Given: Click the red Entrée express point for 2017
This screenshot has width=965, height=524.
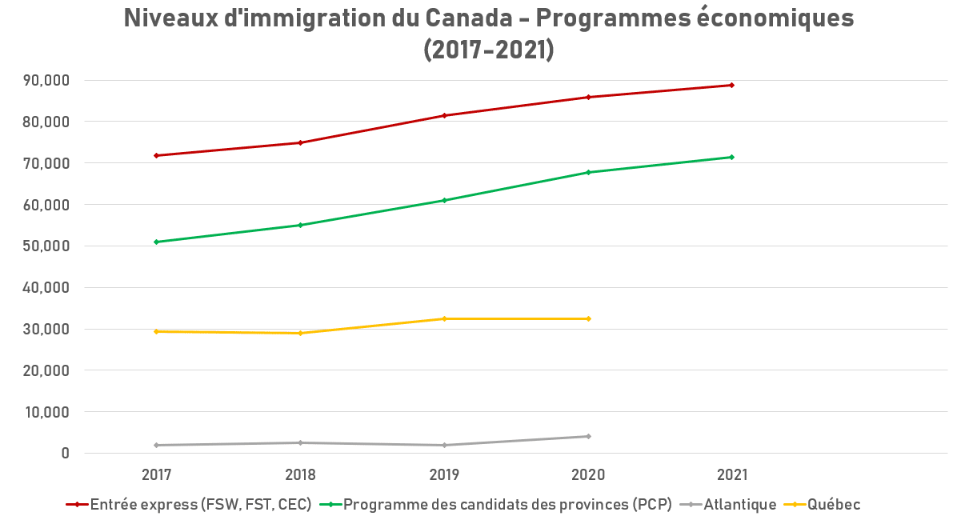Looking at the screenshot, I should pyautogui.click(x=157, y=155).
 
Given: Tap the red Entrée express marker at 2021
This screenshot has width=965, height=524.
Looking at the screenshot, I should pyautogui.click(x=732, y=85).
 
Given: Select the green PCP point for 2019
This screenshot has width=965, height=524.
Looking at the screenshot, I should pyautogui.click(x=444, y=200).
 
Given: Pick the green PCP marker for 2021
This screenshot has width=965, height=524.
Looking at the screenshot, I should pyautogui.click(x=732, y=157).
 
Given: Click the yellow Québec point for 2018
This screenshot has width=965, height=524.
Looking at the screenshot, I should pyautogui.click(x=300, y=333).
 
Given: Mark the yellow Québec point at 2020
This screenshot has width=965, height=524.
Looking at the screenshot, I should pyautogui.click(x=588, y=318).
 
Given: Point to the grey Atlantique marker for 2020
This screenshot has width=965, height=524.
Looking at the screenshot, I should pyautogui.click(x=588, y=436).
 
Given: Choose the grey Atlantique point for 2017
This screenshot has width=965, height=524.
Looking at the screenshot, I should pyautogui.click(x=157, y=445).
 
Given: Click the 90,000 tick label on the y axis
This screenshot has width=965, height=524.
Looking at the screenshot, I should pyautogui.click(x=46, y=80).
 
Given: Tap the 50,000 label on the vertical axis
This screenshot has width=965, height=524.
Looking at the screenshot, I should pyautogui.click(x=46, y=246).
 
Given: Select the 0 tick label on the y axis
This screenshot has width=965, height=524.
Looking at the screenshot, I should pyautogui.click(x=65, y=453).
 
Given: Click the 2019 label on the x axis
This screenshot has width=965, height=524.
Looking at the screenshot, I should pyautogui.click(x=444, y=474).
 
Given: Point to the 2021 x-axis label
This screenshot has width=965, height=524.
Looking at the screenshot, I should pyautogui.click(x=732, y=474).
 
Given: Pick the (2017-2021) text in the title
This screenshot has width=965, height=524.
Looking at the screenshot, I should pyautogui.click(x=488, y=49).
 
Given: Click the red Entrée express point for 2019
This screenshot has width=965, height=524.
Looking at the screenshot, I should pyautogui.click(x=444, y=115).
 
